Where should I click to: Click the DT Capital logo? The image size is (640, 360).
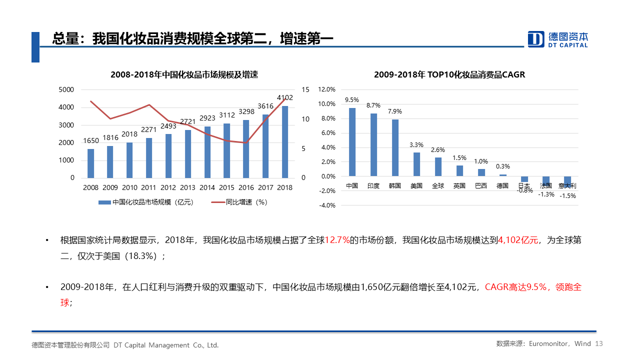pos(558,39)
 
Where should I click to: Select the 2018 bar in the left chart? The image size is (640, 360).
pos(285,142)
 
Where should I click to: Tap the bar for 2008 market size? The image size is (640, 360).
pos(90,163)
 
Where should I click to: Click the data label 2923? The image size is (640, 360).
pos(207,118)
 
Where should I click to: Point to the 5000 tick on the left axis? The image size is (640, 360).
pos(66,89)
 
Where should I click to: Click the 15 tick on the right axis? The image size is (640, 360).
pos(306,89)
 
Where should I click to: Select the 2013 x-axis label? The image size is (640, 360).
pos(187,187)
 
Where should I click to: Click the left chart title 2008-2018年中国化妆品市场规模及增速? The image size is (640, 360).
pos(184,75)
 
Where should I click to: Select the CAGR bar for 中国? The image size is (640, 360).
pos(352,142)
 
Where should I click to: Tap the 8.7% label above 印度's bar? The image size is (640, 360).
pos(373,105)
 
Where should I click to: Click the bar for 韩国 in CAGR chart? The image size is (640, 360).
pos(395,147)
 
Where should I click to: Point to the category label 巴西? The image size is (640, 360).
pos(481,186)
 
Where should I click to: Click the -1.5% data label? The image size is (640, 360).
pos(567,196)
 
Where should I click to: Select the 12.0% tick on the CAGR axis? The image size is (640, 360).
pos(326,89)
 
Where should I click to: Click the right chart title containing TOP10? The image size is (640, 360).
pos(449,75)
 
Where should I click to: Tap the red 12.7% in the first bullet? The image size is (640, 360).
pos(337,240)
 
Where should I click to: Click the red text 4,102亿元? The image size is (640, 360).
pos(518,240)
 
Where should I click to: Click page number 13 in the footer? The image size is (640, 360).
pos(599,344)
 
